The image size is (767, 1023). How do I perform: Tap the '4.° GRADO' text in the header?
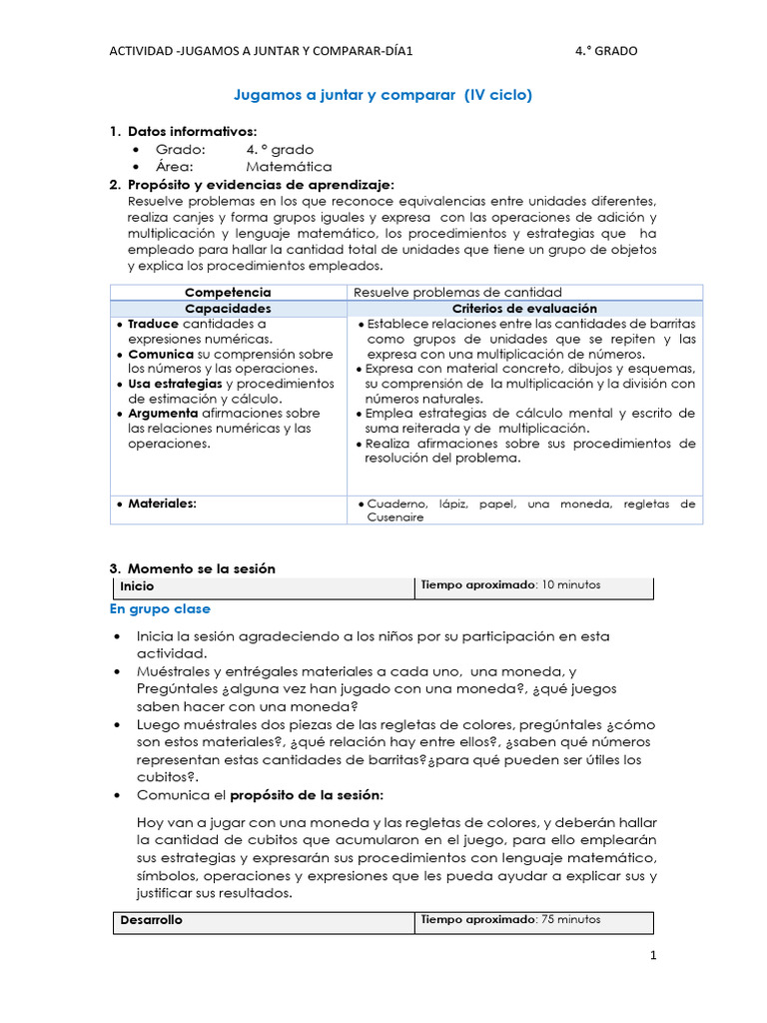click(x=606, y=51)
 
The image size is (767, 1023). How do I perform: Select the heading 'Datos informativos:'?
click(x=192, y=131)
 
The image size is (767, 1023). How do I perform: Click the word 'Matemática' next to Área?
click(x=289, y=167)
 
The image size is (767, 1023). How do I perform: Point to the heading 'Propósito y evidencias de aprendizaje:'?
click(x=261, y=185)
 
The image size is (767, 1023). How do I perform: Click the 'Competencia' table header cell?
click(x=228, y=292)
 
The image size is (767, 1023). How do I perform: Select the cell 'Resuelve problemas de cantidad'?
click(x=458, y=292)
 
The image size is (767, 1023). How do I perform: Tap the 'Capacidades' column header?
click(x=228, y=309)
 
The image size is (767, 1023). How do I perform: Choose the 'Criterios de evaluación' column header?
click(x=524, y=309)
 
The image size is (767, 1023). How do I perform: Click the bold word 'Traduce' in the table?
click(x=153, y=324)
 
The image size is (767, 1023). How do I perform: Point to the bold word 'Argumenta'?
click(x=163, y=414)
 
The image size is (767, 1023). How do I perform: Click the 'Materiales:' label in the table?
click(x=162, y=504)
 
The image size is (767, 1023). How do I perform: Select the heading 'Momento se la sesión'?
click(x=201, y=568)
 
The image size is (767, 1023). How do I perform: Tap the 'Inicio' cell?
click(x=137, y=586)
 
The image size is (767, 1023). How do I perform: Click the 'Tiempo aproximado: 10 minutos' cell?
click(x=510, y=585)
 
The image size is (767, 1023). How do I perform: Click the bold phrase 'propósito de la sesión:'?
click(x=307, y=795)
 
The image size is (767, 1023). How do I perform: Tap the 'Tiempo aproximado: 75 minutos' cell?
click(x=510, y=919)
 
